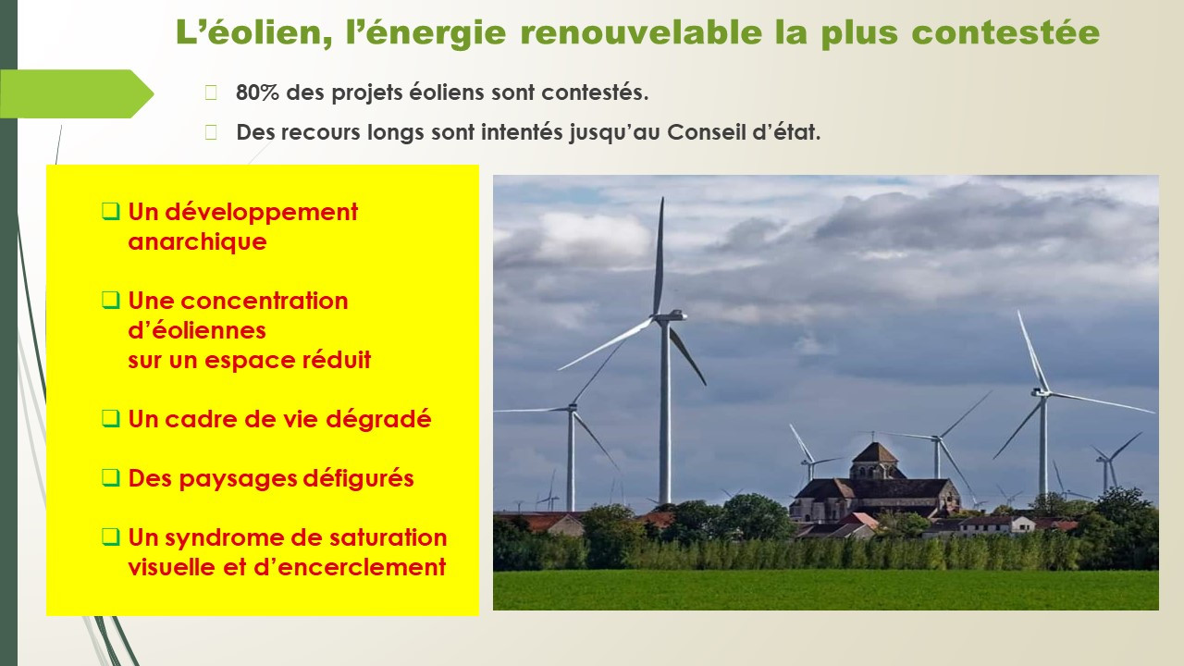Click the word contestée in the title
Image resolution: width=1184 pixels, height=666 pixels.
[1005, 31]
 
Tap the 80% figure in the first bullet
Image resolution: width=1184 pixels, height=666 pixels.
[257, 92]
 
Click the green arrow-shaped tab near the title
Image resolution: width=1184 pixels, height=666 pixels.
[77, 93]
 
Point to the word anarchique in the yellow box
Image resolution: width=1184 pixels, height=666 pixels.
[197, 241]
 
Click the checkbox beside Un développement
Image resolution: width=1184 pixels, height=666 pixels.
[110, 212]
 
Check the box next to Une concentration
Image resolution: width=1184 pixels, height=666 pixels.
[110, 301]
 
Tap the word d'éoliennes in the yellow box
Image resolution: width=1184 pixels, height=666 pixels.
[197, 330]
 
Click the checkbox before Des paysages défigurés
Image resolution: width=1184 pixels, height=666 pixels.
[110, 478]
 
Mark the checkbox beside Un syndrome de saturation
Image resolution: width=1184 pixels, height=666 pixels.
[110, 537]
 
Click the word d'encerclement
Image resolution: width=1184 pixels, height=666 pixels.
[350, 567]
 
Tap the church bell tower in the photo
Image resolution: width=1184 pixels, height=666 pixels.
[875, 461]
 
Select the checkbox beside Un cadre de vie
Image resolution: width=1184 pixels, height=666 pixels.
[110, 419]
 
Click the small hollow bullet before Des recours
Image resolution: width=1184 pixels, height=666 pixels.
[211, 132]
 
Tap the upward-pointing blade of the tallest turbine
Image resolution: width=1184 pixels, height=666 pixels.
[659, 256]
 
